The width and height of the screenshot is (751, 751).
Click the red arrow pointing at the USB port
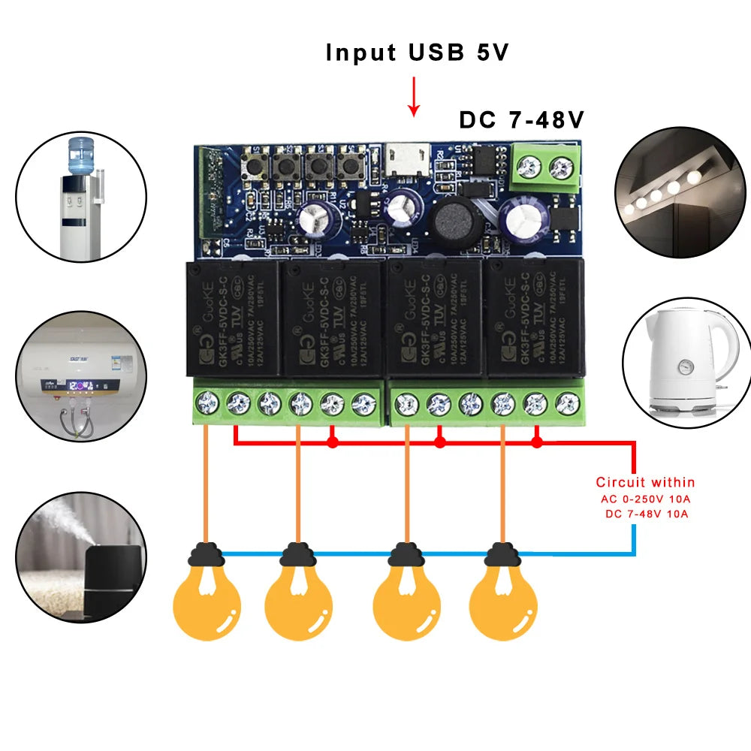[x=412, y=98]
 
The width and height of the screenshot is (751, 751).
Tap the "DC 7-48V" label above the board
[x=521, y=120]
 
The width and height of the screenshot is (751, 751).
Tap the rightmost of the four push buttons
[x=348, y=167]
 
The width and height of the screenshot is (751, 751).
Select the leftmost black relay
[x=232, y=318]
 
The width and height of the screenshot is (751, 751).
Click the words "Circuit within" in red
[x=645, y=482]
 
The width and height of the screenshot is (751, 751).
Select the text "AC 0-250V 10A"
[x=645, y=499]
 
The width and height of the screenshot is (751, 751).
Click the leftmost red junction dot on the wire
[x=332, y=443]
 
